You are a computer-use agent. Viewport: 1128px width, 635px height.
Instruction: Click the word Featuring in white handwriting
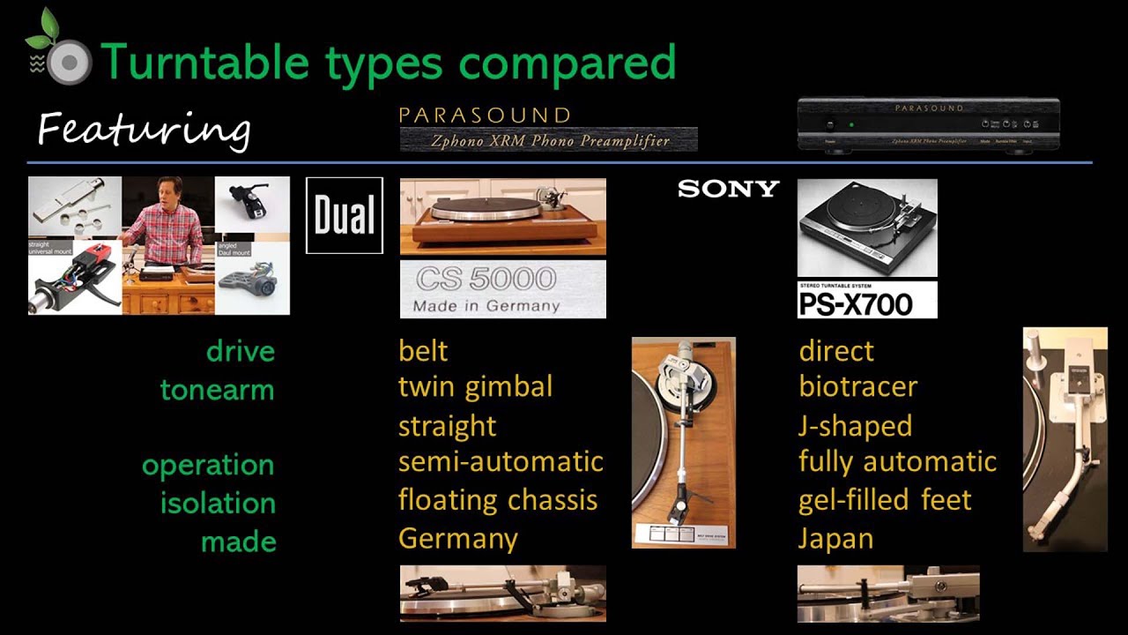coord(144,129)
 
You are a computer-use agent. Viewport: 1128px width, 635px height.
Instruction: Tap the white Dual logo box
coord(345,215)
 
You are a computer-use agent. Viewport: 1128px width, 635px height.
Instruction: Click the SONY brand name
coord(728,189)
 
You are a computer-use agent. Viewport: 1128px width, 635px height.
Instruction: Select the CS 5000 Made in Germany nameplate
coord(502,289)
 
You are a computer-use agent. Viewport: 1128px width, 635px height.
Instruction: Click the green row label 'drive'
coord(240,351)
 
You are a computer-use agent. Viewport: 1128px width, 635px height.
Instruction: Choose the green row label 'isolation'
coord(218,504)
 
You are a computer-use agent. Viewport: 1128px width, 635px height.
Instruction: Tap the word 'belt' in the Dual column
coord(423,351)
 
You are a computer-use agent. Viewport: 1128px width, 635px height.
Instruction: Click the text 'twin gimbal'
coord(475,386)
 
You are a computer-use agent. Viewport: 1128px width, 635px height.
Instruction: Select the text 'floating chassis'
coord(497,500)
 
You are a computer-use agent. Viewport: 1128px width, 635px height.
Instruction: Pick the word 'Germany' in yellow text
coord(457,538)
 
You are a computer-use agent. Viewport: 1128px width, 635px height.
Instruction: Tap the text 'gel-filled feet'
coord(885,500)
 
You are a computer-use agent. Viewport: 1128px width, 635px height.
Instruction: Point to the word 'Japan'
coord(835,538)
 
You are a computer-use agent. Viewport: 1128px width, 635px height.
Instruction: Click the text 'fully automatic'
coord(897,461)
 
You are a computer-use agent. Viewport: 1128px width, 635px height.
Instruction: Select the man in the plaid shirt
coord(166,220)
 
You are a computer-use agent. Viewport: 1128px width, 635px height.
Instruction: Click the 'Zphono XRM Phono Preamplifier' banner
coord(548,139)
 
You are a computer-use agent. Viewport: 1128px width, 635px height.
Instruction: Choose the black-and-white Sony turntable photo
coord(866,228)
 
